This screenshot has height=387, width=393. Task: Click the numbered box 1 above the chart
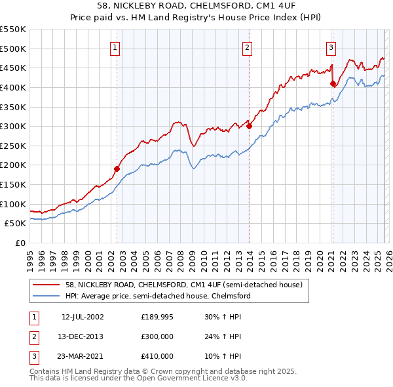(115, 47)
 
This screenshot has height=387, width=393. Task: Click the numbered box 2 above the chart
(247, 47)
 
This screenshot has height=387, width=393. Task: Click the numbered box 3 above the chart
(331, 47)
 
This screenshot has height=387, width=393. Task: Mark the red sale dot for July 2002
(117, 169)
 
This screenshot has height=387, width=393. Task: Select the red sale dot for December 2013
(250, 126)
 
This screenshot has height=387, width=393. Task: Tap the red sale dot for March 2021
(333, 83)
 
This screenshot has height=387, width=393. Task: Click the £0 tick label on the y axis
(20, 243)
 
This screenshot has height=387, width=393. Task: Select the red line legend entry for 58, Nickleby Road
(183, 285)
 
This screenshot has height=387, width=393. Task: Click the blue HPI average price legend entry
(157, 296)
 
